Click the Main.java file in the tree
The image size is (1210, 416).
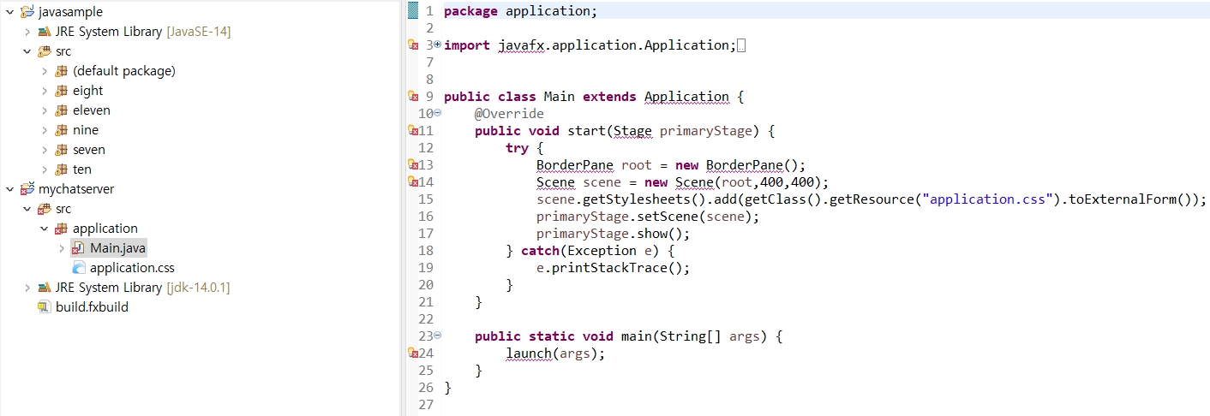[117, 248]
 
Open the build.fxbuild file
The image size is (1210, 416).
[92, 307]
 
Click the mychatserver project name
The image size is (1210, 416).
[76, 189]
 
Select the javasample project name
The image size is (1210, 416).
[70, 12]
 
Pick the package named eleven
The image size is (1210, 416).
[91, 110]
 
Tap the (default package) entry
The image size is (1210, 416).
[123, 71]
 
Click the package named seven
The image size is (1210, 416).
[88, 150]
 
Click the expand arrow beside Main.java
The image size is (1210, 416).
[62, 248]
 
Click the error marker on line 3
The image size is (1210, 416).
[412, 45]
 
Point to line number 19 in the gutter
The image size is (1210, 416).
[425, 268]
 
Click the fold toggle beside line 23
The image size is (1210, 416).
[438, 336]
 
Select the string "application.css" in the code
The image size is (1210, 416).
[991, 199]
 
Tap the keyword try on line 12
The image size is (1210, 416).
[517, 148]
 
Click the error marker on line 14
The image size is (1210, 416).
[412, 182]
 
